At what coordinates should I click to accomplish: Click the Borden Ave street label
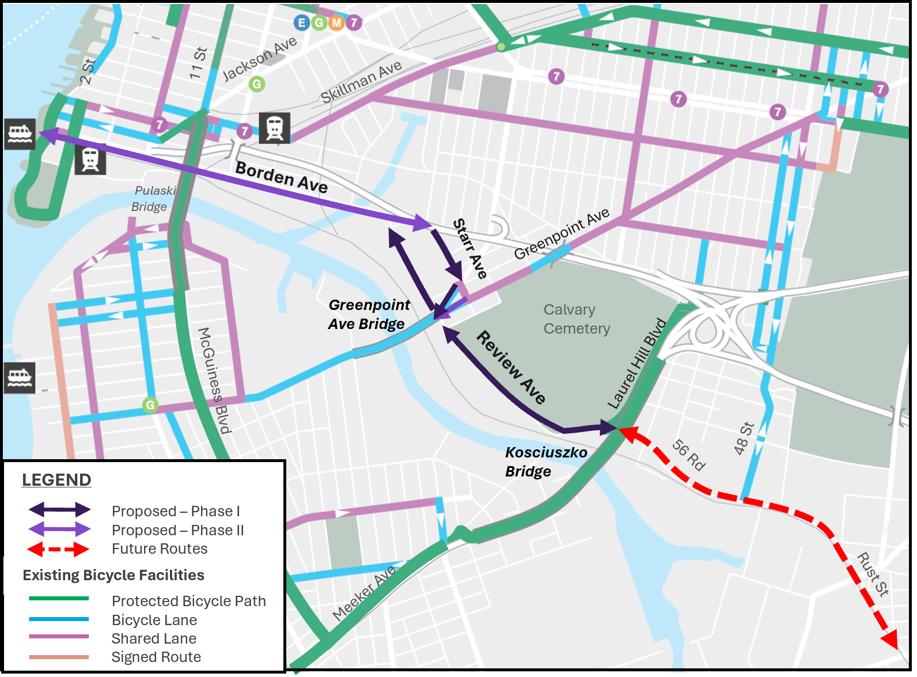282,177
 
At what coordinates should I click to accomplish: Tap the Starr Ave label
469,248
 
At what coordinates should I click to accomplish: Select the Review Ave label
511,368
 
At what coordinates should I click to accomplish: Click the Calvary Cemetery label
576,319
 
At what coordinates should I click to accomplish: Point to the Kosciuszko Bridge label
545,462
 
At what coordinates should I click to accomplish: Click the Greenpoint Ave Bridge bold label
369,314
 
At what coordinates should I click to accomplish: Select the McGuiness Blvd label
214,380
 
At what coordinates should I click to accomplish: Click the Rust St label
873,574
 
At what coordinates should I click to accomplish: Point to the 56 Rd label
688,455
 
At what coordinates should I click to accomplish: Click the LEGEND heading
56,479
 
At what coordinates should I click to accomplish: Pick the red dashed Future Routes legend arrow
58,549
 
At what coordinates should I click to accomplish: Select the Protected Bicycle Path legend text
188,601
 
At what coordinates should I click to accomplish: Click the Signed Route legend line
59,657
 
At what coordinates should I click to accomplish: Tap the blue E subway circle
301,22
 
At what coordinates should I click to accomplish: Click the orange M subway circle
336,22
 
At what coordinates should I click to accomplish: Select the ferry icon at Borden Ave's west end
20,134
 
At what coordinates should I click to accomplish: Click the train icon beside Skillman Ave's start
274,127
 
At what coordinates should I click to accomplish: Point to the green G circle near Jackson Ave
257,84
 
